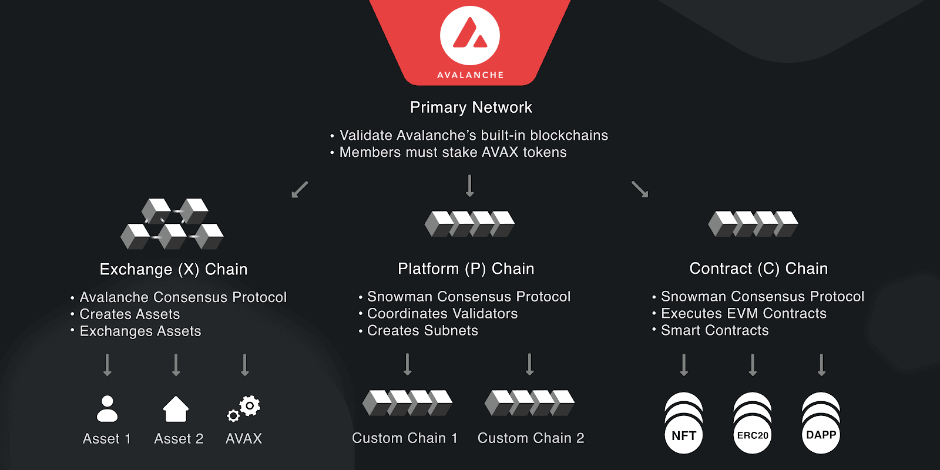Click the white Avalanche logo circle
click(x=470, y=35)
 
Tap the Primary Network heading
click(x=471, y=108)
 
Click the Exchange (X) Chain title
click(x=173, y=270)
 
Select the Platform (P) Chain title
click(x=466, y=269)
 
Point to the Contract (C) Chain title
click(x=758, y=269)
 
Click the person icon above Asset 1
click(x=107, y=409)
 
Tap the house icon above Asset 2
click(x=176, y=409)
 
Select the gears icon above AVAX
click(x=244, y=408)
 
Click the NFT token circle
click(x=684, y=435)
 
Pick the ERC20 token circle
click(x=753, y=435)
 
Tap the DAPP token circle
click(x=821, y=435)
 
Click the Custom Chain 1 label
click(x=405, y=438)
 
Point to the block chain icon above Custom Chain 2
click(x=529, y=403)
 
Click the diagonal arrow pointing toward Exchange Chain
click(x=300, y=189)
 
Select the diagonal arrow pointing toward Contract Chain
click(x=640, y=189)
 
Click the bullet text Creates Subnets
click(x=422, y=331)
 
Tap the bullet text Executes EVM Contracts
click(x=743, y=314)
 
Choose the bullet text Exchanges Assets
click(x=140, y=331)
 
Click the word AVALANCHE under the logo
click(x=470, y=75)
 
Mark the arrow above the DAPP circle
click(x=821, y=365)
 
